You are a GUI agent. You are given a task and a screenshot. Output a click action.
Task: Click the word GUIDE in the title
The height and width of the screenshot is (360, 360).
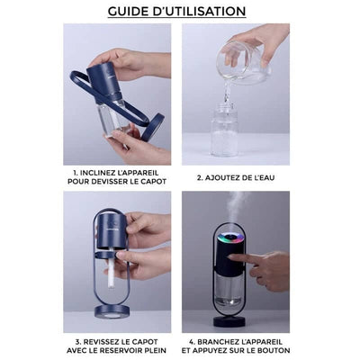pyautogui.click(x=132, y=12)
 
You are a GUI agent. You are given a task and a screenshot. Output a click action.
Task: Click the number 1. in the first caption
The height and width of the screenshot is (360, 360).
pyautogui.click(x=78, y=170)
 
